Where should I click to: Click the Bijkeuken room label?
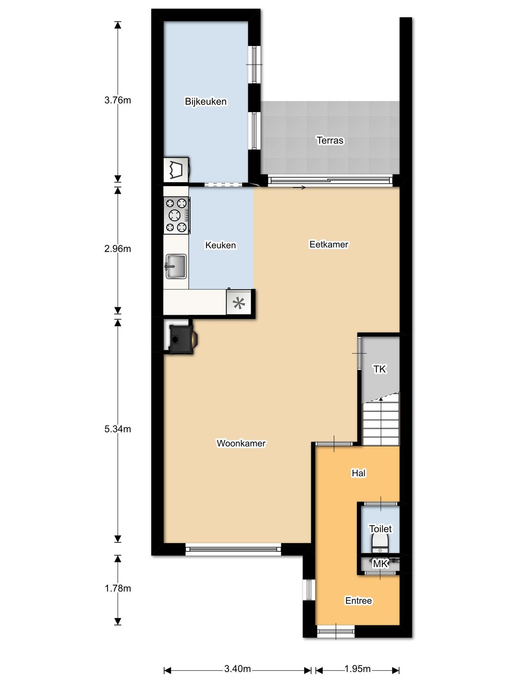tap(206, 102)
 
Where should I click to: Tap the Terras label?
tap(330, 141)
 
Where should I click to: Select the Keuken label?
tap(221, 245)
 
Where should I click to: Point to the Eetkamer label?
tap(329, 244)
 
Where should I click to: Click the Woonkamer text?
tap(241, 443)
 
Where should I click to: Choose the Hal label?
tap(358, 473)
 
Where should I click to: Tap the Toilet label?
tap(380, 529)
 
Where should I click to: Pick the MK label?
tap(380, 564)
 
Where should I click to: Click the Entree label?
tap(358, 601)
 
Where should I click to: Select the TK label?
tap(379, 369)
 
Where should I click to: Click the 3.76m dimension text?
tap(118, 100)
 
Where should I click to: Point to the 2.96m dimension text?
tap(118, 249)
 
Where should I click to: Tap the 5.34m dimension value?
tap(118, 429)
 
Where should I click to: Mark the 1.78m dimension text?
tap(118, 588)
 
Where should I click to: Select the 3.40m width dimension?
tap(238, 669)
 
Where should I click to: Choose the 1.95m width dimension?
tap(358, 669)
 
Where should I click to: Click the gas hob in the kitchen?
tap(177, 215)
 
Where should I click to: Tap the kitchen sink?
tap(176, 266)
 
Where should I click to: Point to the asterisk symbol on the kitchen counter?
tap(239, 303)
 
